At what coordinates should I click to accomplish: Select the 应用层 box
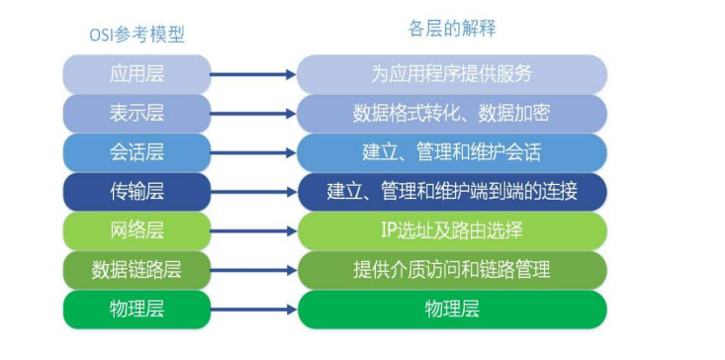coord(136,74)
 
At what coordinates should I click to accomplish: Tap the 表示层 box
coord(136,113)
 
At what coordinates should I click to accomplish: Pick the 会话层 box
coord(136,152)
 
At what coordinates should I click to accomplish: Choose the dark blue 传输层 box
coord(136,191)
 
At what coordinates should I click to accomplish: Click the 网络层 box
coord(136,230)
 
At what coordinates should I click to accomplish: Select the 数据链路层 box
coord(136,269)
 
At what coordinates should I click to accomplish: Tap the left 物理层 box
coord(136,309)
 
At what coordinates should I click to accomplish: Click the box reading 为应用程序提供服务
coord(452,74)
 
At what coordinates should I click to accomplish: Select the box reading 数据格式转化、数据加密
coord(452,113)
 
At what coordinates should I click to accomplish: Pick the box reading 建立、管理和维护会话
coord(452,152)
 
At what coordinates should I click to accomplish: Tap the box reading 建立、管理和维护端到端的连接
coord(452,191)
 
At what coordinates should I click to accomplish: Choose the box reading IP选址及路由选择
coord(452,230)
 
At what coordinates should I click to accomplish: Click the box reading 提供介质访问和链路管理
coord(452,269)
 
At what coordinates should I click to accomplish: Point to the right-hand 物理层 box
coord(452,309)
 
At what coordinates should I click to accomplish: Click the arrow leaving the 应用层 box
coord(253,74)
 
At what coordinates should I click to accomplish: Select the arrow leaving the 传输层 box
coord(253,192)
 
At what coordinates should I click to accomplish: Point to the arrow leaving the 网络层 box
coord(253,231)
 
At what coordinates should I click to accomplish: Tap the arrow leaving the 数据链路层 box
coord(253,270)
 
